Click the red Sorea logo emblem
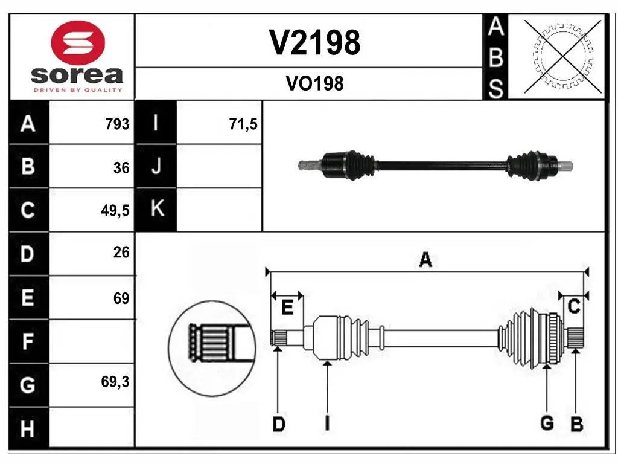[78, 43]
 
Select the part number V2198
[314, 43]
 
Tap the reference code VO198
[314, 83]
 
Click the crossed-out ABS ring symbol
[564, 56]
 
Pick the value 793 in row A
[117, 124]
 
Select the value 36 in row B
[121, 168]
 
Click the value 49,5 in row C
[115, 211]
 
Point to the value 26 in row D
[121, 252]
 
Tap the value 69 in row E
[121, 298]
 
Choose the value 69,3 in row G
[115, 382]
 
